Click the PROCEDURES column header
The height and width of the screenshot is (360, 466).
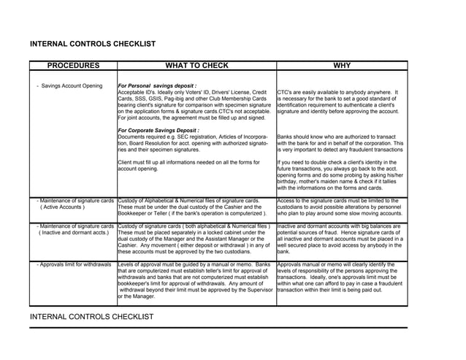pyautogui.click(x=73, y=66)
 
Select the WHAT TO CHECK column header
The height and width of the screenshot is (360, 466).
pyautogui.click(x=196, y=66)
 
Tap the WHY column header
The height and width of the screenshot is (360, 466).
pyautogui.click(x=341, y=66)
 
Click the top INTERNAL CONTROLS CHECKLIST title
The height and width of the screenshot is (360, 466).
pyautogui.click(x=92, y=44)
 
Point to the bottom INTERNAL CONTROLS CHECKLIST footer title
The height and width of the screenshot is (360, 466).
pyautogui.click(x=92, y=317)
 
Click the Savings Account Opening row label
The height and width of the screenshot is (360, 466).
pyautogui.click(x=72, y=86)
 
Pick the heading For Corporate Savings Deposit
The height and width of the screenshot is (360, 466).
pyautogui.click(x=158, y=130)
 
